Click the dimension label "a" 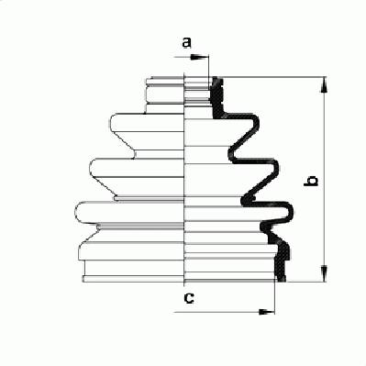[186, 42]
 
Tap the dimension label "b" [311, 181]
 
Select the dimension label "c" [189, 297]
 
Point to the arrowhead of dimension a [199, 57]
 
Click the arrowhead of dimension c [267, 312]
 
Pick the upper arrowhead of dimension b [324, 84]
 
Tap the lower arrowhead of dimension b [324, 273]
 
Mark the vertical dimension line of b [324, 179]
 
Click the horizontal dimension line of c [224, 312]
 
